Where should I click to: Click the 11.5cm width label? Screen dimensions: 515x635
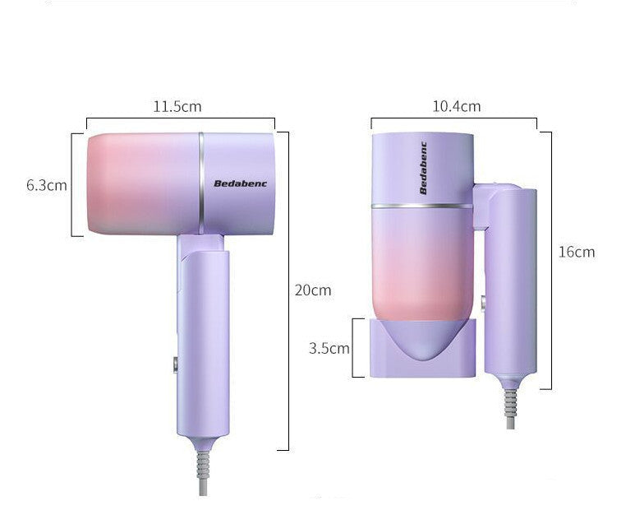point(177,106)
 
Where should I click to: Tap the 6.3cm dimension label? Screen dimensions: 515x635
point(46,185)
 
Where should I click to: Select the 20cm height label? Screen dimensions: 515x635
point(312,290)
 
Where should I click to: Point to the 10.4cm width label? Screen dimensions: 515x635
point(457,106)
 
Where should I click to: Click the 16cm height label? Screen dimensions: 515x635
point(576,252)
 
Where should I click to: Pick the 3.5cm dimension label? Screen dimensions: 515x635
point(329,348)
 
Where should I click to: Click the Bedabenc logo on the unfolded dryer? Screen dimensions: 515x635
point(235,183)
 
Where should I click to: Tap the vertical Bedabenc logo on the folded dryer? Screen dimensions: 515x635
point(424,168)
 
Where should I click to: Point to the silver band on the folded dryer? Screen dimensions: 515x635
point(421,206)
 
